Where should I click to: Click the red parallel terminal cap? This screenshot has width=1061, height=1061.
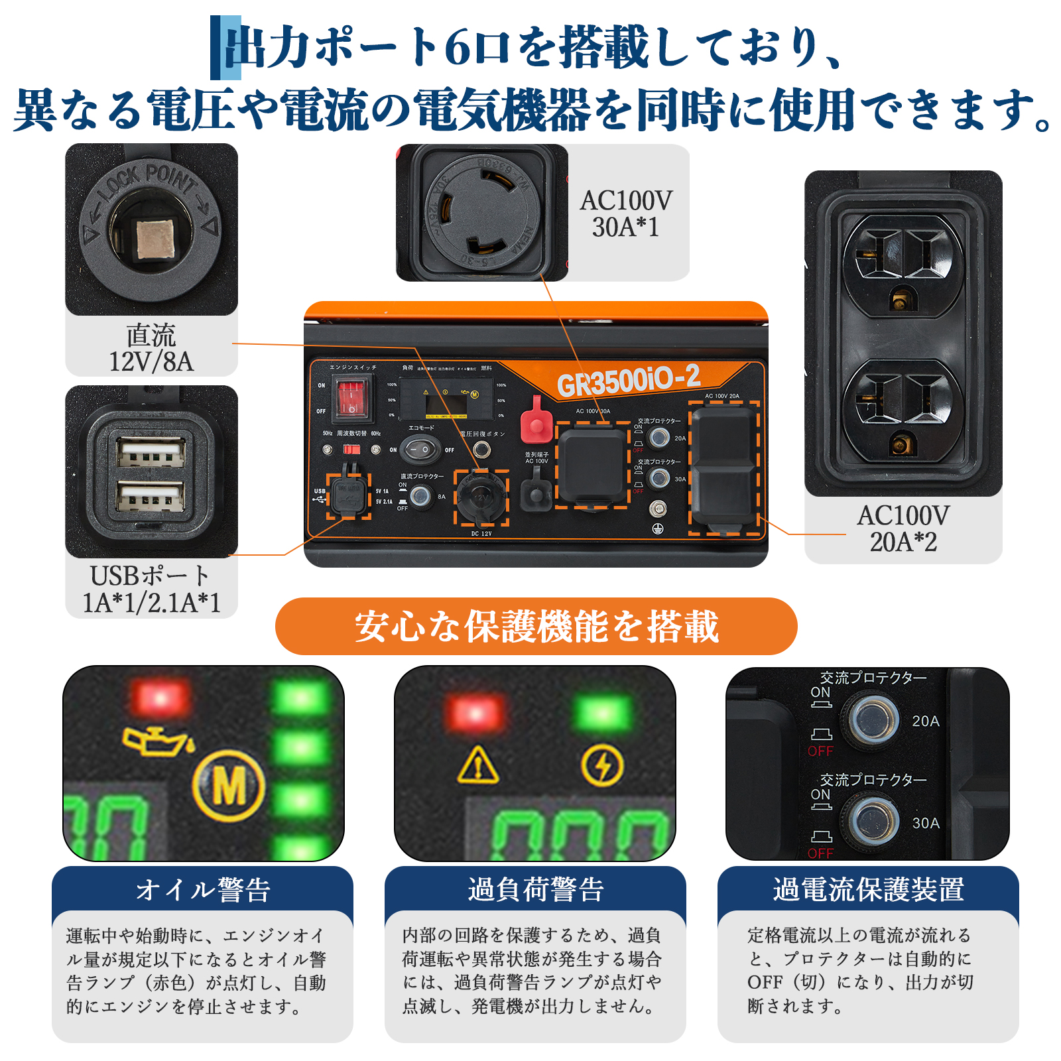[536, 420]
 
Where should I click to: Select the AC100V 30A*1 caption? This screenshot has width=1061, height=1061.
[626, 214]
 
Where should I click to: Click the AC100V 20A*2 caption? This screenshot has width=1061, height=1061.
[903, 529]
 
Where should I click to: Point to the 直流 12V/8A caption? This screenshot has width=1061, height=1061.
[151, 348]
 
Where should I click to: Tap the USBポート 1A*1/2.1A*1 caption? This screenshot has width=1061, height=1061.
[151, 589]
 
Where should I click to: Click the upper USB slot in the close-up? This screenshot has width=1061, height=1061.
[151, 453]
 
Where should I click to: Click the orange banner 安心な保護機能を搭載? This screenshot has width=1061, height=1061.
[536, 626]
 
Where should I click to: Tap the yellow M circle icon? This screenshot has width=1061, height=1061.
[229, 786]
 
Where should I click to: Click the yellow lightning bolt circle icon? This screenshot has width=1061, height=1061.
[602, 765]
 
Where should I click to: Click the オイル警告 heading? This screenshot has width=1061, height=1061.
[203, 890]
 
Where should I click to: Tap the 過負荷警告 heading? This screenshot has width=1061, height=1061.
[536, 890]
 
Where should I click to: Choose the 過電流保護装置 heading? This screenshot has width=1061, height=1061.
[868, 890]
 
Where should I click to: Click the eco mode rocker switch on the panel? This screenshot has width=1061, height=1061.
[421, 450]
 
